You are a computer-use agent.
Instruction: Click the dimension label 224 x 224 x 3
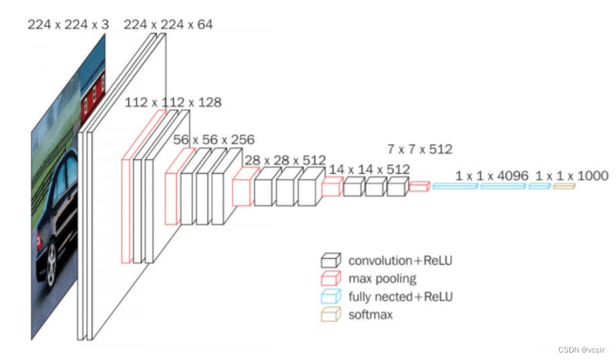(x=68, y=24)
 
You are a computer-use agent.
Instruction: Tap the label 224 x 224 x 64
(x=168, y=24)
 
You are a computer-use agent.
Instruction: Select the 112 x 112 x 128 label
(x=173, y=102)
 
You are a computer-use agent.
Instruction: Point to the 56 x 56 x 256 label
(x=214, y=139)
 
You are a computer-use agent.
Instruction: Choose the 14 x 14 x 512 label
(x=369, y=169)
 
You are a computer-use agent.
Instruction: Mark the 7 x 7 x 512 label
(x=419, y=149)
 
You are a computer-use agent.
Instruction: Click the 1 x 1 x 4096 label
(x=492, y=175)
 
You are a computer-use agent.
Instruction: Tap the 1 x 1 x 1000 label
(x=572, y=175)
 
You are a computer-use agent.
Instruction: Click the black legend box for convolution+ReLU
(x=331, y=260)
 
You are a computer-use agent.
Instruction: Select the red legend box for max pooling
(x=331, y=279)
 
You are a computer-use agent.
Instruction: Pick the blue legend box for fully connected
(x=331, y=296)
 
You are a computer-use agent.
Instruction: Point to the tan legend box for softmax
(x=331, y=314)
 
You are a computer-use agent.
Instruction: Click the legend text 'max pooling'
(x=382, y=279)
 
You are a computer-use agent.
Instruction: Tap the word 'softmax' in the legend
(x=370, y=314)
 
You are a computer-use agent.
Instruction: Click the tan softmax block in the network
(x=563, y=187)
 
